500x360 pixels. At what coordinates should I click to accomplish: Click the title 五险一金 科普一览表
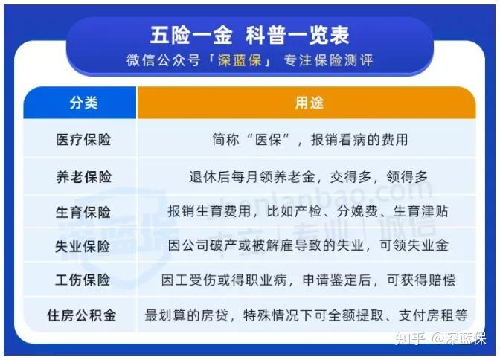[249, 35]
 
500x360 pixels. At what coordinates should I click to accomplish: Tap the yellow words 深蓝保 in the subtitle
[240, 60]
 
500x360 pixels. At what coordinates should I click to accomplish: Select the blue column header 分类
[83, 103]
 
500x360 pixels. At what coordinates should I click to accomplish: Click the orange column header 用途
[309, 103]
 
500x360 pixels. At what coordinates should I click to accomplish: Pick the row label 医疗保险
[83, 140]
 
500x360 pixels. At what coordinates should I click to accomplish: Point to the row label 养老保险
[83, 176]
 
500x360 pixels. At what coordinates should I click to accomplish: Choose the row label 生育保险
[83, 212]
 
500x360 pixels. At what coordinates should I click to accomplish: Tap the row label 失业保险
[83, 246]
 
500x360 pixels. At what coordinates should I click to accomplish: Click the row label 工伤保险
[83, 280]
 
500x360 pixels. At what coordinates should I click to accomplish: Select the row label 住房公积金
[81, 315]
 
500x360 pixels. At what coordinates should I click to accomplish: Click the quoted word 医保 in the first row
[269, 140]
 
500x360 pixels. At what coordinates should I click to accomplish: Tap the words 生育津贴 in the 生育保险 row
[421, 211]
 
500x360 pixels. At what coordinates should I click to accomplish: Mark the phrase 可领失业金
[414, 245]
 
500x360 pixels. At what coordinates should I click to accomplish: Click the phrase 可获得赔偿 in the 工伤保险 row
[421, 280]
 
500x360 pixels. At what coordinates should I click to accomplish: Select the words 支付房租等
[433, 315]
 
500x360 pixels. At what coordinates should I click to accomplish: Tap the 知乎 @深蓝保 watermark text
[440, 338]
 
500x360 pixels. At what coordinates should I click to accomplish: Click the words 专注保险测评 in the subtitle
[328, 60]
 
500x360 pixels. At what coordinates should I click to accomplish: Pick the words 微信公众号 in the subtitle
[163, 60]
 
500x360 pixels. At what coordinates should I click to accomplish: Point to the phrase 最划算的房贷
[187, 315]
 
